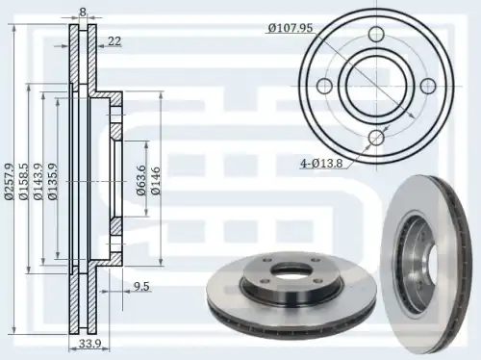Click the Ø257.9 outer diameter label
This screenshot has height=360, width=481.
click(x=10, y=182)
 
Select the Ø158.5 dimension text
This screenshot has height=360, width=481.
click(x=24, y=182)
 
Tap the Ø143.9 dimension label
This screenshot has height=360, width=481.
click(x=38, y=182)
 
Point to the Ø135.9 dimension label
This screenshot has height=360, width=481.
click(x=53, y=182)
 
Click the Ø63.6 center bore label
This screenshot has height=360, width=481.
click(x=141, y=180)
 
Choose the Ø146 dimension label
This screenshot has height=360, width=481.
click(x=156, y=181)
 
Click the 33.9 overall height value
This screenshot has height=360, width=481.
click(x=90, y=344)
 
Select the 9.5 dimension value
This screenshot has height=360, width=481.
click(x=141, y=286)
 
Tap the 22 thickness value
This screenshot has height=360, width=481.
click(x=114, y=41)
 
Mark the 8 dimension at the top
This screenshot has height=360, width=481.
click(x=83, y=13)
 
